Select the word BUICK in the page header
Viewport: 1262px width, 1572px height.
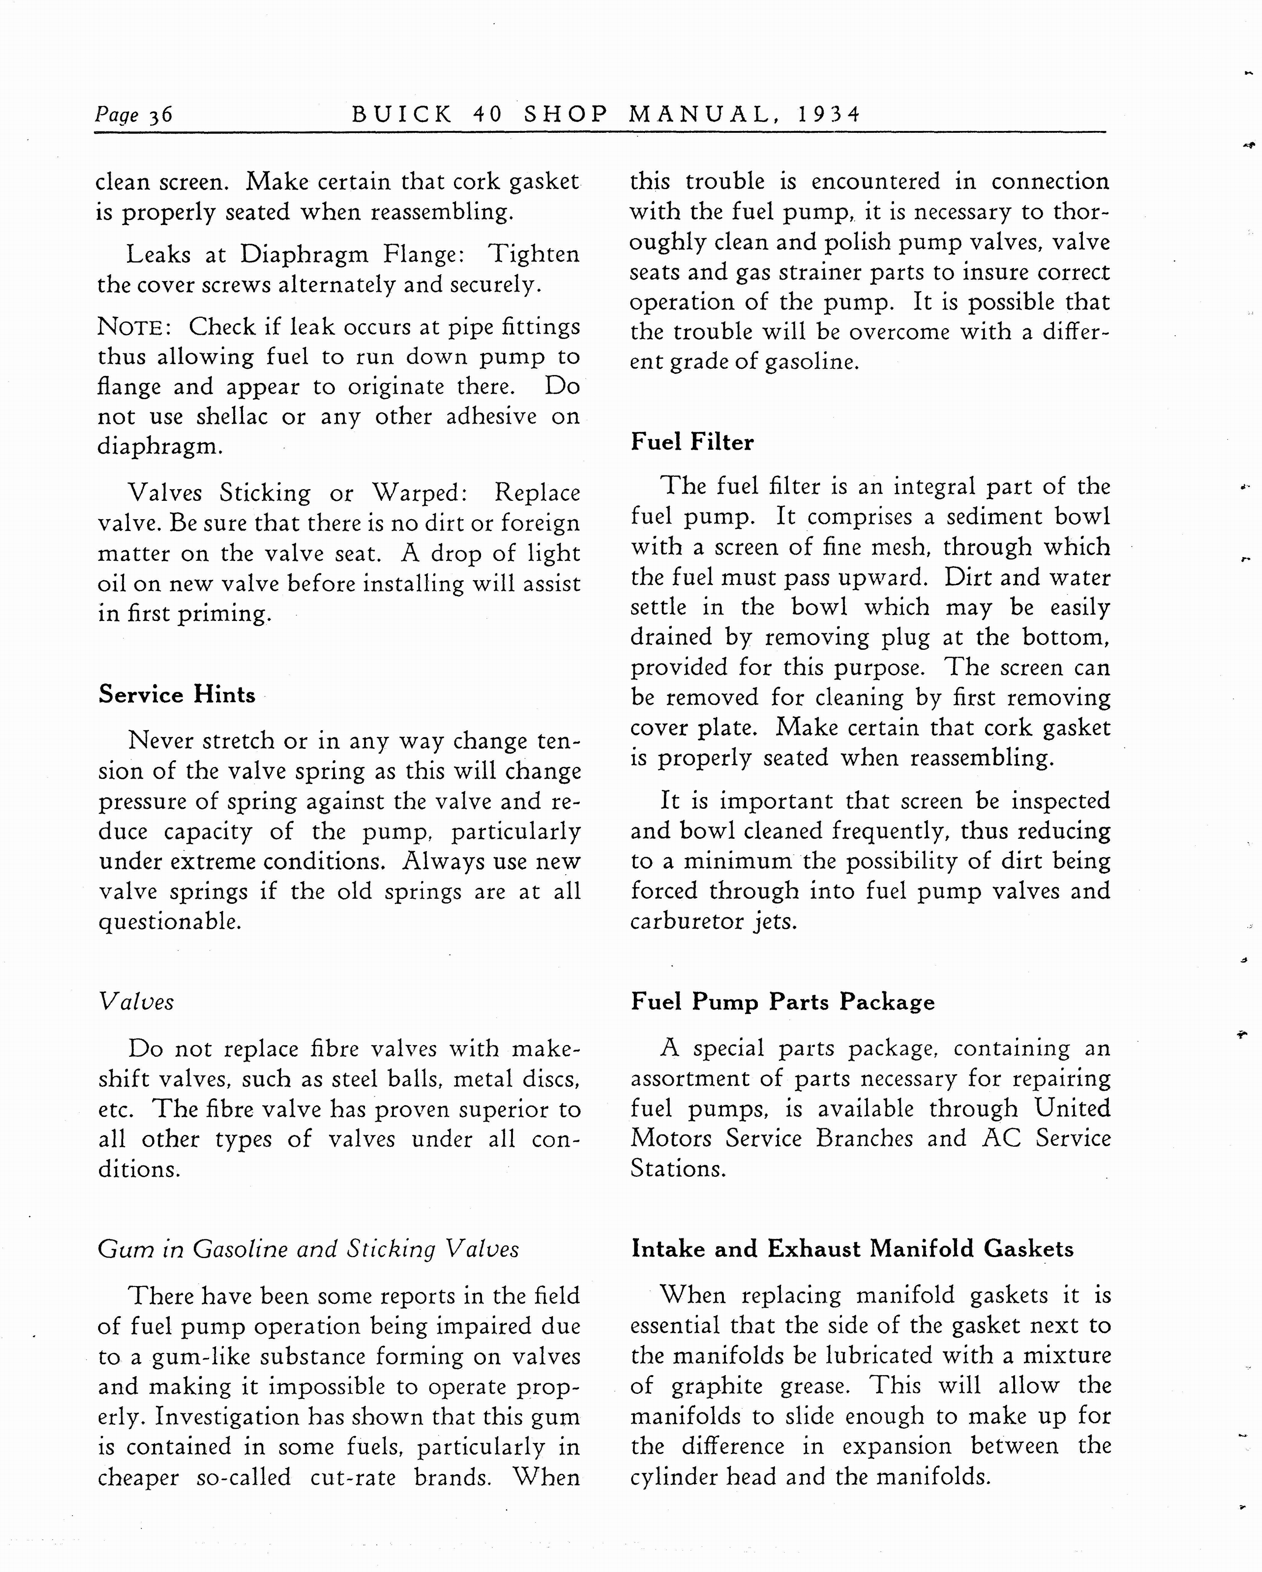point(402,114)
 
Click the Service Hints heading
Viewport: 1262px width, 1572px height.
point(177,694)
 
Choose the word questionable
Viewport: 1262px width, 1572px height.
point(170,922)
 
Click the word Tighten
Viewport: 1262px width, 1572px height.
point(534,255)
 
